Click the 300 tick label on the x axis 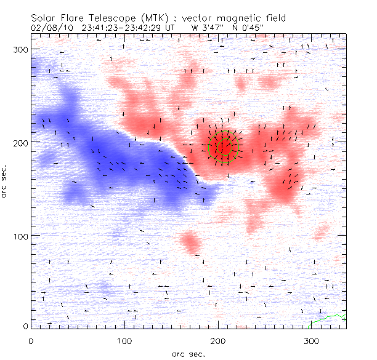pos(312,340)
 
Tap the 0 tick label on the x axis pos(31,340)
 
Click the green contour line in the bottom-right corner pos(327,319)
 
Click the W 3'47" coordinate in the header pos(208,27)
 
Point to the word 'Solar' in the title pos(46,18)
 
